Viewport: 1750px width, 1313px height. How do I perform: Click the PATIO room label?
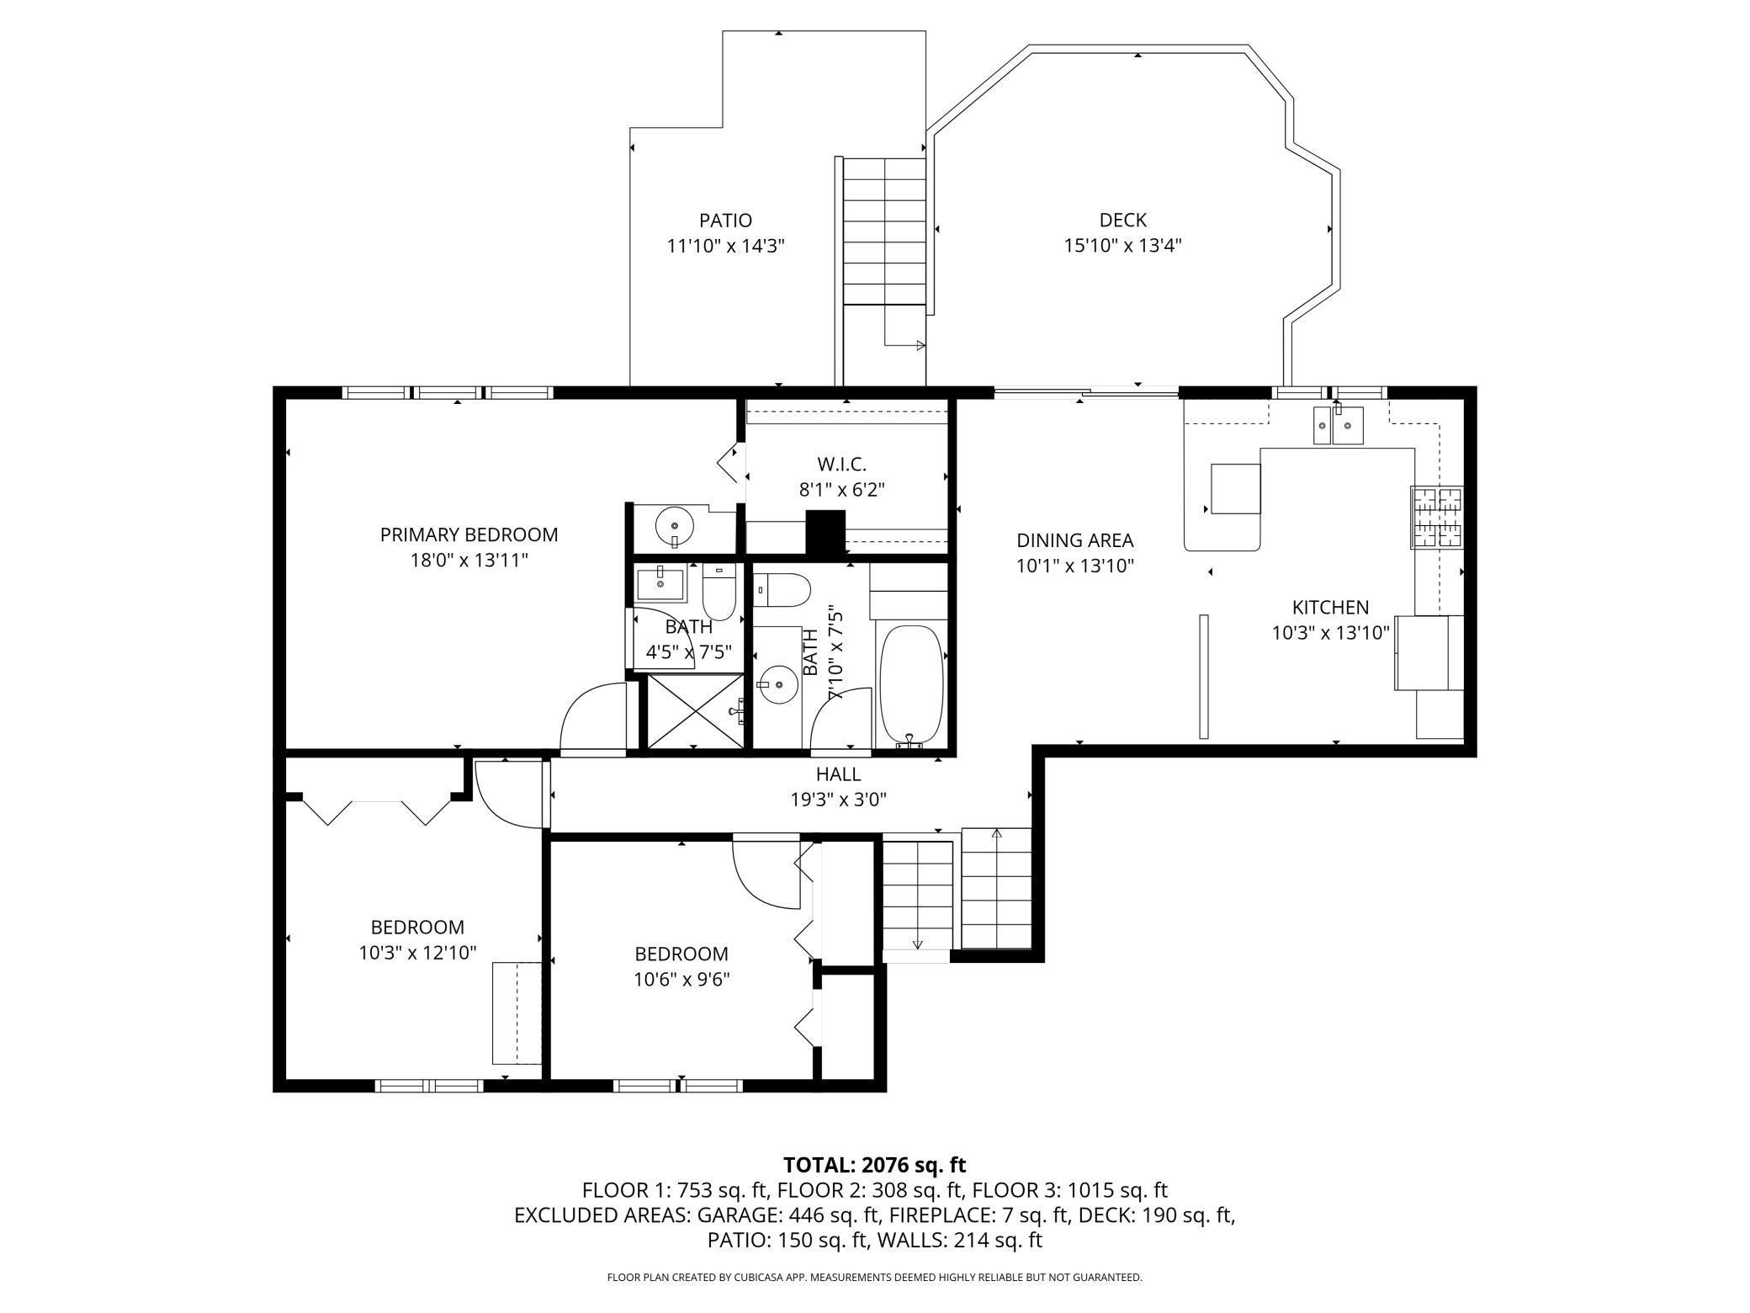[x=725, y=221]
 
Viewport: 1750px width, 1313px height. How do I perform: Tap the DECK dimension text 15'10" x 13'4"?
[x=1122, y=246]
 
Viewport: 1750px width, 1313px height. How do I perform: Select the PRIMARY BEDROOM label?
[x=469, y=534]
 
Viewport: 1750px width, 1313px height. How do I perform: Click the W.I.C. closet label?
[x=841, y=464]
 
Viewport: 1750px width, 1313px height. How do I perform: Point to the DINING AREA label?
[x=1074, y=540]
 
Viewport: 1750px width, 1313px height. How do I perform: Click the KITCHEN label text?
[x=1330, y=607]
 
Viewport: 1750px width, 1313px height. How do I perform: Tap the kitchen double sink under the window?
[x=1339, y=425]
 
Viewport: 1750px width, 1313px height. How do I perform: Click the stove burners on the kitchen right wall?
[x=1437, y=518]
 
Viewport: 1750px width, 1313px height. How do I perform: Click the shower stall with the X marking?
[x=695, y=710]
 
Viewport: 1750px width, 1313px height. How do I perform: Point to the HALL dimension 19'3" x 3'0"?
[x=838, y=800]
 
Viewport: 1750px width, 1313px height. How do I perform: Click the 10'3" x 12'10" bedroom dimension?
[x=417, y=953]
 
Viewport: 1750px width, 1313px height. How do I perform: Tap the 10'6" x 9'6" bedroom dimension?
[x=681, y=980]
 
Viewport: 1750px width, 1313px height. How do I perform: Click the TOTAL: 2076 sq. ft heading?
[x=874, y=1165]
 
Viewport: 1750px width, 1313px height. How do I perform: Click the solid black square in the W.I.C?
[x=825, y=533]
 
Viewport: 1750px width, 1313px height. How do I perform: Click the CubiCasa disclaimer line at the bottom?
[x=874, y=1278]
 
